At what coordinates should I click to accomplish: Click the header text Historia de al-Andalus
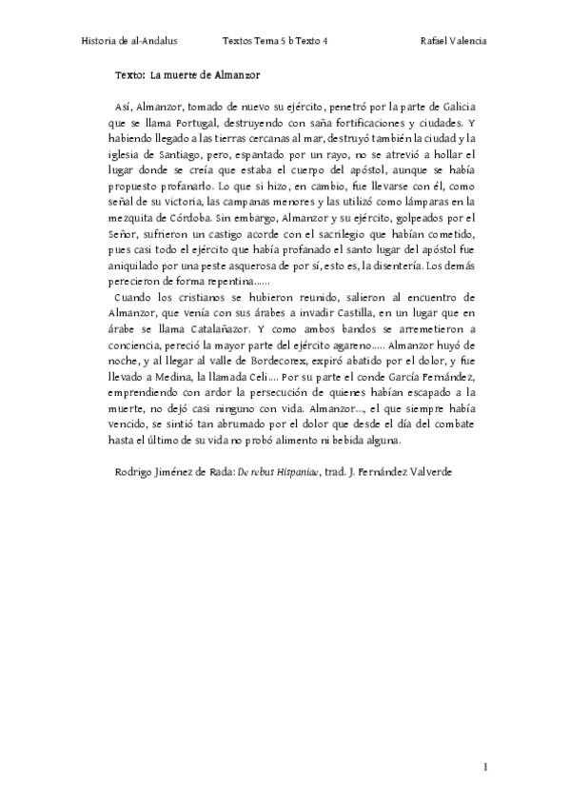tap(130, 42)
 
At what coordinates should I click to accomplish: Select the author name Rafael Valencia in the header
tap(453, 42)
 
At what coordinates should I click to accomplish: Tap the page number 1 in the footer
tap(484, 766)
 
